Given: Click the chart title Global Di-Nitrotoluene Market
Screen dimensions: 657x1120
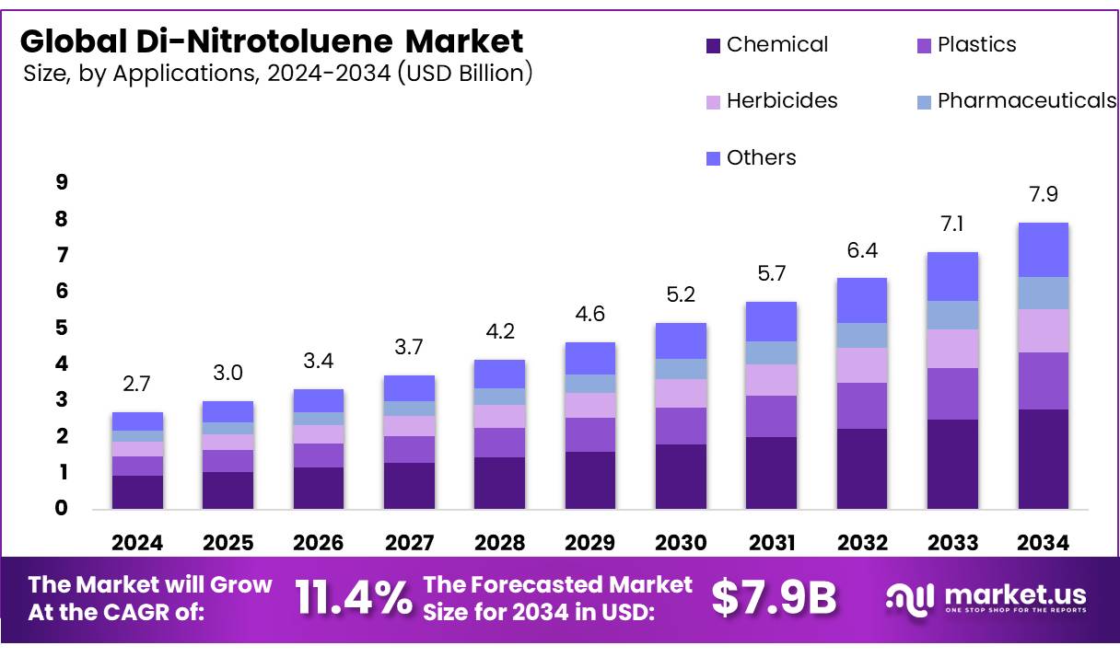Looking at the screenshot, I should (x=272, y=41).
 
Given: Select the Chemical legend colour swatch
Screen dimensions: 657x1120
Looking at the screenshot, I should (x=713, y=45).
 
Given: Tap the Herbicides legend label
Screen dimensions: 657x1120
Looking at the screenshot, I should (x=782, y=101).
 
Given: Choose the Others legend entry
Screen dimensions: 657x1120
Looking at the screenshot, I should (x=761, y=157).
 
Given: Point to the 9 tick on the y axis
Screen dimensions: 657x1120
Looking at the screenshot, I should (x=62, y=183).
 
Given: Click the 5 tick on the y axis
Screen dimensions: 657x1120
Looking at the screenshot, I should (x=62, y=328).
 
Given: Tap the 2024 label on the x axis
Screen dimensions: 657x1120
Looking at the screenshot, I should (x=137, y=543).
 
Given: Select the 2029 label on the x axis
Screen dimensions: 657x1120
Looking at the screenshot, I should (x=590, y=543).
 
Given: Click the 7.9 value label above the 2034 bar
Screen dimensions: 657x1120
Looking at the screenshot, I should (x=1043, y=195).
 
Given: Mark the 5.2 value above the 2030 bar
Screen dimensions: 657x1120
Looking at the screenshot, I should (x=681, y=295).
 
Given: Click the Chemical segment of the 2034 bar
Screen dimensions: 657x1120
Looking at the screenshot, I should (x=1043, y=459).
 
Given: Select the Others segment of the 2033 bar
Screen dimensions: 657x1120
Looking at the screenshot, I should (x=952, y=276).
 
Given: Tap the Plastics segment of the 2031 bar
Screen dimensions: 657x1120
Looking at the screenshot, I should (x=771, y=416).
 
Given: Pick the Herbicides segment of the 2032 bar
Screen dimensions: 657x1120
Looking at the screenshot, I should (x=861, y=365).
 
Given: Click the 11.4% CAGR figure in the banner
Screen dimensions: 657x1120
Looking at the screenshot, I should (x=354, y=599).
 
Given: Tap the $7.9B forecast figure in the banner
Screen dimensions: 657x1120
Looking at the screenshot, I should (x=774, y=599).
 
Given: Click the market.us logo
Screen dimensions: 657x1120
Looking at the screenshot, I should (x=986, y=598).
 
